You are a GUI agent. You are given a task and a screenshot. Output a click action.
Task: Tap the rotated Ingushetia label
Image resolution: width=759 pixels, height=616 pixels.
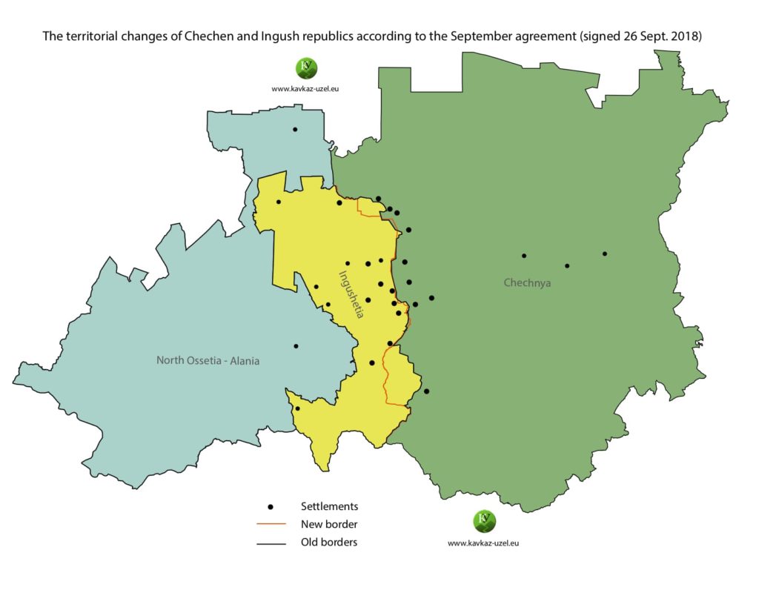coord(350,294)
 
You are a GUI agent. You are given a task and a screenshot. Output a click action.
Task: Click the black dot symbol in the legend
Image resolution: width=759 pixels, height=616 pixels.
coord(271,507)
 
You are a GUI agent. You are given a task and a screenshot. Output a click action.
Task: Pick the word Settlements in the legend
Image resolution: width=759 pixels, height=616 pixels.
coord(329,506)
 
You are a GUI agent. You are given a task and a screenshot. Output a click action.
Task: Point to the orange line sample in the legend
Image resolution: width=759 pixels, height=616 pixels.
coord(271,525)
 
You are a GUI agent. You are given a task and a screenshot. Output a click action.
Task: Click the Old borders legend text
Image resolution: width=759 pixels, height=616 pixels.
coord(328,542)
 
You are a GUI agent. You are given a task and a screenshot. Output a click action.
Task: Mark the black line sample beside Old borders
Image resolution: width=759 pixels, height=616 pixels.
coord(271,543)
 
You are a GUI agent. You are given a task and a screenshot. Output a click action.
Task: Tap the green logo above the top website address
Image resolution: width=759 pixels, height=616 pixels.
coord(306,68)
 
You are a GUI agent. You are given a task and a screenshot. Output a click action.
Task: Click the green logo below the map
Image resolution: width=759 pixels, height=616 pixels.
coord(483,522)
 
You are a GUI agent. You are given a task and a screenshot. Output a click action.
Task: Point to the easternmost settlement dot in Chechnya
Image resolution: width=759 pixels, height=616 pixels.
coord(605,254)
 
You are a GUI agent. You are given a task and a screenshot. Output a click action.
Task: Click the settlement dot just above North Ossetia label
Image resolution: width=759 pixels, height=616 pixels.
coord(296,346)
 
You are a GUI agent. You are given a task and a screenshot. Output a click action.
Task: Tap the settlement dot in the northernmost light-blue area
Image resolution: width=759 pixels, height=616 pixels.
coord(295,130)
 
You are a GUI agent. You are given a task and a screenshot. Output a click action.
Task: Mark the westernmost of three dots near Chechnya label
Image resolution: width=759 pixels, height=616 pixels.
coord(524,256)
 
